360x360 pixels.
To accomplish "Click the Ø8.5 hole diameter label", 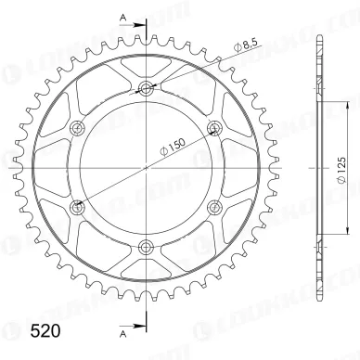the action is tap(246, 45).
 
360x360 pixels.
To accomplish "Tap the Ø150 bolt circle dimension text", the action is tap(173, 146).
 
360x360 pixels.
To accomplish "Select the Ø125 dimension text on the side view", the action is tap(341, 171).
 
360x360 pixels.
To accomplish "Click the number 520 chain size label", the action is tap(45, 331).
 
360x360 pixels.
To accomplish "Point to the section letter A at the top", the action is tap(123, 19).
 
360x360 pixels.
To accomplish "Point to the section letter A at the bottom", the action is tap(123, 333).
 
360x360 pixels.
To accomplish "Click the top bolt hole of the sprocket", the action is tap(146, 89).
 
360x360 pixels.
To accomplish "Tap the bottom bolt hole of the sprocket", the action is tap(146, 247).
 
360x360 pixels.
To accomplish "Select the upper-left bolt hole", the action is tap(77, 128).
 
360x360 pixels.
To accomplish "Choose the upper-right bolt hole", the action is tap(214, 128).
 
